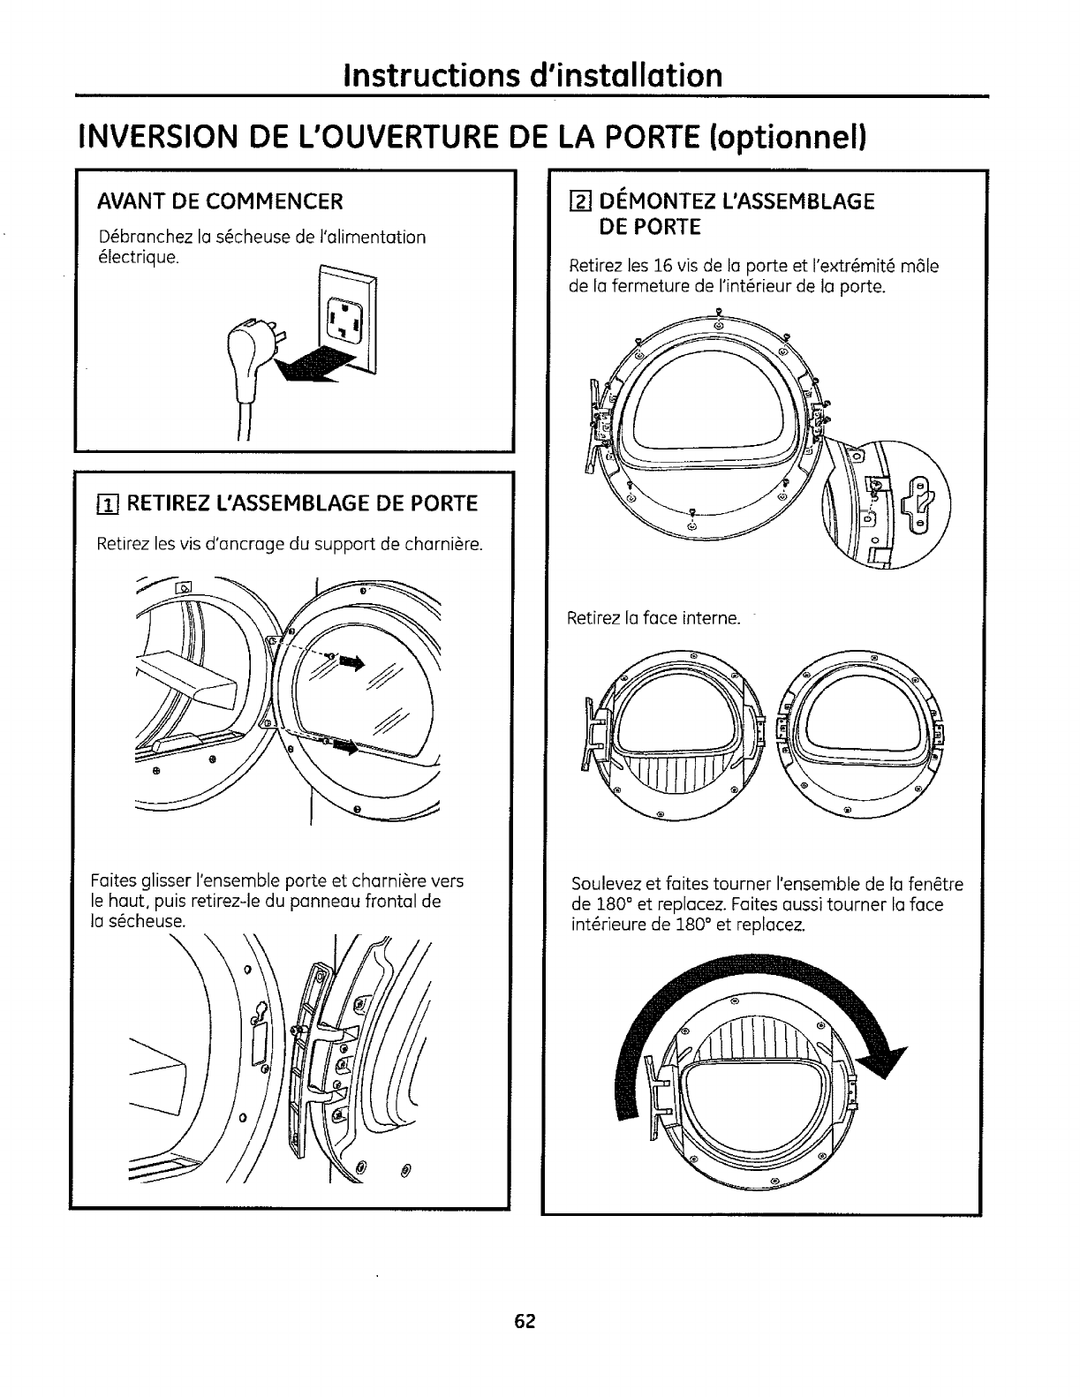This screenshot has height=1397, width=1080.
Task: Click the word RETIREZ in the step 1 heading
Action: pyautogui.click(x=172, y=504)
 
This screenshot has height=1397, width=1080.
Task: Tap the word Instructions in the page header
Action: pyautogui.click(x=432, y=76)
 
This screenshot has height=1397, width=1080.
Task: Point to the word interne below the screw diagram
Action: pyautogui.click(x=711, y=618)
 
